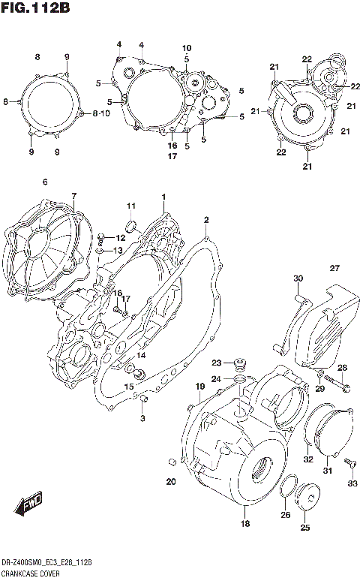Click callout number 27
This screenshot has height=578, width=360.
334,268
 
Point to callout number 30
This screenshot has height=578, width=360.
298,279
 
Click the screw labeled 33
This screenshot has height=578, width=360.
350,467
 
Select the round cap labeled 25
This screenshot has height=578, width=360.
307,497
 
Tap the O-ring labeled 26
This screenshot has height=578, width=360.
286,489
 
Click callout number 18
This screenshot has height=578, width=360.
244,524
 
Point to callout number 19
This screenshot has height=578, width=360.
200,386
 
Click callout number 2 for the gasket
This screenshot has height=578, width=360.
205,219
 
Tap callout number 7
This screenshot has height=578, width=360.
73,196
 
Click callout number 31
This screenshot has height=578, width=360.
327,471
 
